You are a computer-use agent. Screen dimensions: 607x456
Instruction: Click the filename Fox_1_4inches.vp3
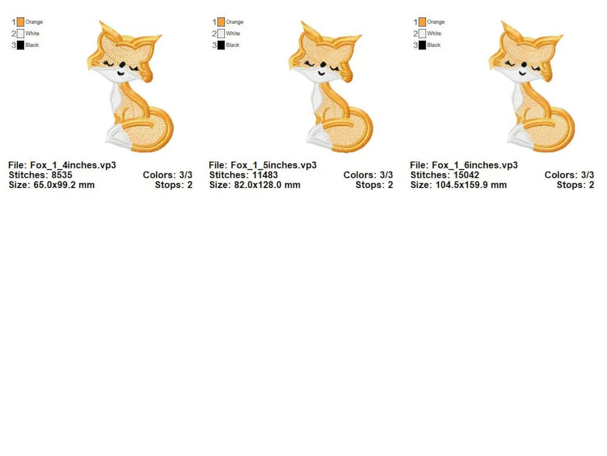tap(73, 165)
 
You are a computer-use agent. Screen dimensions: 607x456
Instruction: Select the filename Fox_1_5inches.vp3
tap(273, 165)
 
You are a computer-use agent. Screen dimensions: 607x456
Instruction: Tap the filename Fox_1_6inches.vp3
tap(475, 165)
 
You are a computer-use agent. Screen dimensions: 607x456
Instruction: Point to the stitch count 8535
tap(62, 175)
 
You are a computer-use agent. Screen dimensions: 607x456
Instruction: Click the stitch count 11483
tap(265, 175)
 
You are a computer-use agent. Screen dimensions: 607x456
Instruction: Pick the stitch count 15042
tap(466, 175)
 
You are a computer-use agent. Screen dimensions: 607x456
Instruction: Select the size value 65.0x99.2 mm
tap(64, 185)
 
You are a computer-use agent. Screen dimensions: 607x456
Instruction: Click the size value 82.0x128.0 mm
tap(267, 185)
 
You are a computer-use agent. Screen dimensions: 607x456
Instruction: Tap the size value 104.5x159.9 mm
tap(471, 185)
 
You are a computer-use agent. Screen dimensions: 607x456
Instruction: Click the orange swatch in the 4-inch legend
tap(21, 22)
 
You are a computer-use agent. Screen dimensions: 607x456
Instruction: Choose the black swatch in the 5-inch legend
tap(221, 45)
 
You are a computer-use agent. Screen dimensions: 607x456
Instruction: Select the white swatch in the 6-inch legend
tap(422, 34)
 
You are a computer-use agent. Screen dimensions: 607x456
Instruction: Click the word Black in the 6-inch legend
tap(434, 45)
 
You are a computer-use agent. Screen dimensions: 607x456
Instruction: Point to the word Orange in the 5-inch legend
tap(234, 22)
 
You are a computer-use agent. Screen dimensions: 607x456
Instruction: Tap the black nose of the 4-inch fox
tap(122, 65)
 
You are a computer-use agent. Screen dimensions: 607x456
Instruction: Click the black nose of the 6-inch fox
tap(524, 65)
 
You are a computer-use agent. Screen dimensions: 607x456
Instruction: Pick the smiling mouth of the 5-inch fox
tap(321, 73)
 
